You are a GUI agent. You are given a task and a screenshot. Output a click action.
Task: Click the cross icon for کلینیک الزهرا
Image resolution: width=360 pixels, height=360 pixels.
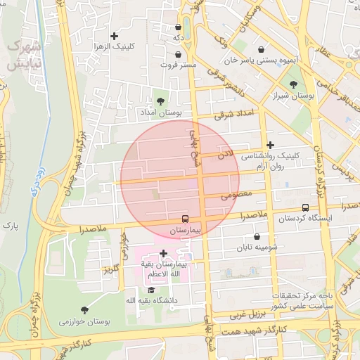tap(114, 36)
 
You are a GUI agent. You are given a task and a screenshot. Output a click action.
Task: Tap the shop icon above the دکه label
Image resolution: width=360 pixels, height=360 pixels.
tap(179, 27)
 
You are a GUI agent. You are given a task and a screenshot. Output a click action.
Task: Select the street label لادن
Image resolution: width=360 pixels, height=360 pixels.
tap(224, 152)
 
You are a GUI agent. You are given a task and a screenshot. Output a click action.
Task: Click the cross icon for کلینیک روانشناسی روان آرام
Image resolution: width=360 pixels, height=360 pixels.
tap(270, 145)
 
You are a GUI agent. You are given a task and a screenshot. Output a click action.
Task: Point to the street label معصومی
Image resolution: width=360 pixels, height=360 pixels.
tap(236, 196)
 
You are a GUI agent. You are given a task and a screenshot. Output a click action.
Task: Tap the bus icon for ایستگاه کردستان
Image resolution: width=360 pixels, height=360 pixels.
tap(305, 207)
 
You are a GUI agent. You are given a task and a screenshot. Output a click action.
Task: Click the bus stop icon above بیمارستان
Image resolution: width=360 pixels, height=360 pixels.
tap(186, 219)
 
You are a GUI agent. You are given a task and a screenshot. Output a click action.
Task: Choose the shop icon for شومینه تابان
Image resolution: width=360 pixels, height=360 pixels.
tap(256, 237)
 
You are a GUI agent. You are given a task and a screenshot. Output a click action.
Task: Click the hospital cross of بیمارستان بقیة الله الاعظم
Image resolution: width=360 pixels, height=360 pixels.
tap(163, 252)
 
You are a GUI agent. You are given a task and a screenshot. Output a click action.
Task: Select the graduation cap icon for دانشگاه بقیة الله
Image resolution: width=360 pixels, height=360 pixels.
tap(150, 290)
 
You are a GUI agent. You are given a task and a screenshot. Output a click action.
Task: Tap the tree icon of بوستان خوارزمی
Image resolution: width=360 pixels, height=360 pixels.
tap(84, 310)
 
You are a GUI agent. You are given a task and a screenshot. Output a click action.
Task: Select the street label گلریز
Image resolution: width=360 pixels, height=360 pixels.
tap(108, 269)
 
